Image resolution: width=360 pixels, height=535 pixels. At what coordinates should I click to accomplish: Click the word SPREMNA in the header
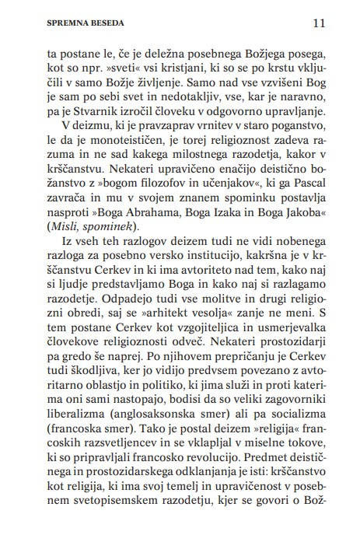(x=46, y=23)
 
